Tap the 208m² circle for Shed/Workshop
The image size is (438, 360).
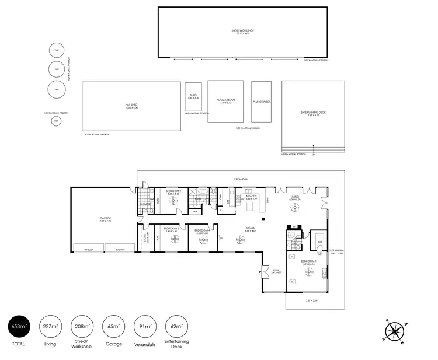pyautogui.click(x=82, y=327)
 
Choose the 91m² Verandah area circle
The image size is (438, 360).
pyautogui.click(x=145, y=327)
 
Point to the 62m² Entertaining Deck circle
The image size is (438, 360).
pyautogui.click(x=176, y=327)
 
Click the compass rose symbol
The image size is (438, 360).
pyautogui.click(x=395, y=331)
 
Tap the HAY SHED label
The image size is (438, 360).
pyautogui.click(x=131, y=106)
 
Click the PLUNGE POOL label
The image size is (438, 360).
pyautogui.click(x=261, y=102)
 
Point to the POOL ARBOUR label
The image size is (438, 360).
pyautogui.click(x=225, y=100)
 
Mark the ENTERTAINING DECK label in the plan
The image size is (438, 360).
pyautogui.click(x=314, y=113)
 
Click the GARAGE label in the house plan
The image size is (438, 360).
pyautogui.click(x=105, y=219)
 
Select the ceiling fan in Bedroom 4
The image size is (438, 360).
pyautogui.click(x=203, y=239)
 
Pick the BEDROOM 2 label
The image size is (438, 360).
pyautogui.click(x=173, y=191)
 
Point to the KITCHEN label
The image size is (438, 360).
pyautogui.click(x=252, y=196)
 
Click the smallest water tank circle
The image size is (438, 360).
pyautogui.click(x=57, y=121)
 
